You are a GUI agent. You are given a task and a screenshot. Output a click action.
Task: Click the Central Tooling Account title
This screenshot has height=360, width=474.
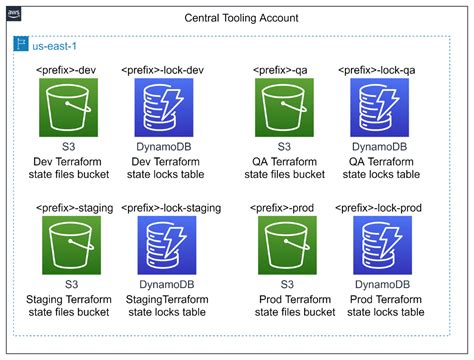(240, 19)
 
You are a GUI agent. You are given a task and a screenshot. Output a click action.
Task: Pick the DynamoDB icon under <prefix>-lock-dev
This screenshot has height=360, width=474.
(163, 107)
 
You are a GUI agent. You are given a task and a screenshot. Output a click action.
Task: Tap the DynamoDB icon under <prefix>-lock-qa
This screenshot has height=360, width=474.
(379, 107)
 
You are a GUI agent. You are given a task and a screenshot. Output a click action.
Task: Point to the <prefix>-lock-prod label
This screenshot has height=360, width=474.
(379, 206)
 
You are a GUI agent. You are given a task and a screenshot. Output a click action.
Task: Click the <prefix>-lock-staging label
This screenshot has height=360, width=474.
(163, 206)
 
